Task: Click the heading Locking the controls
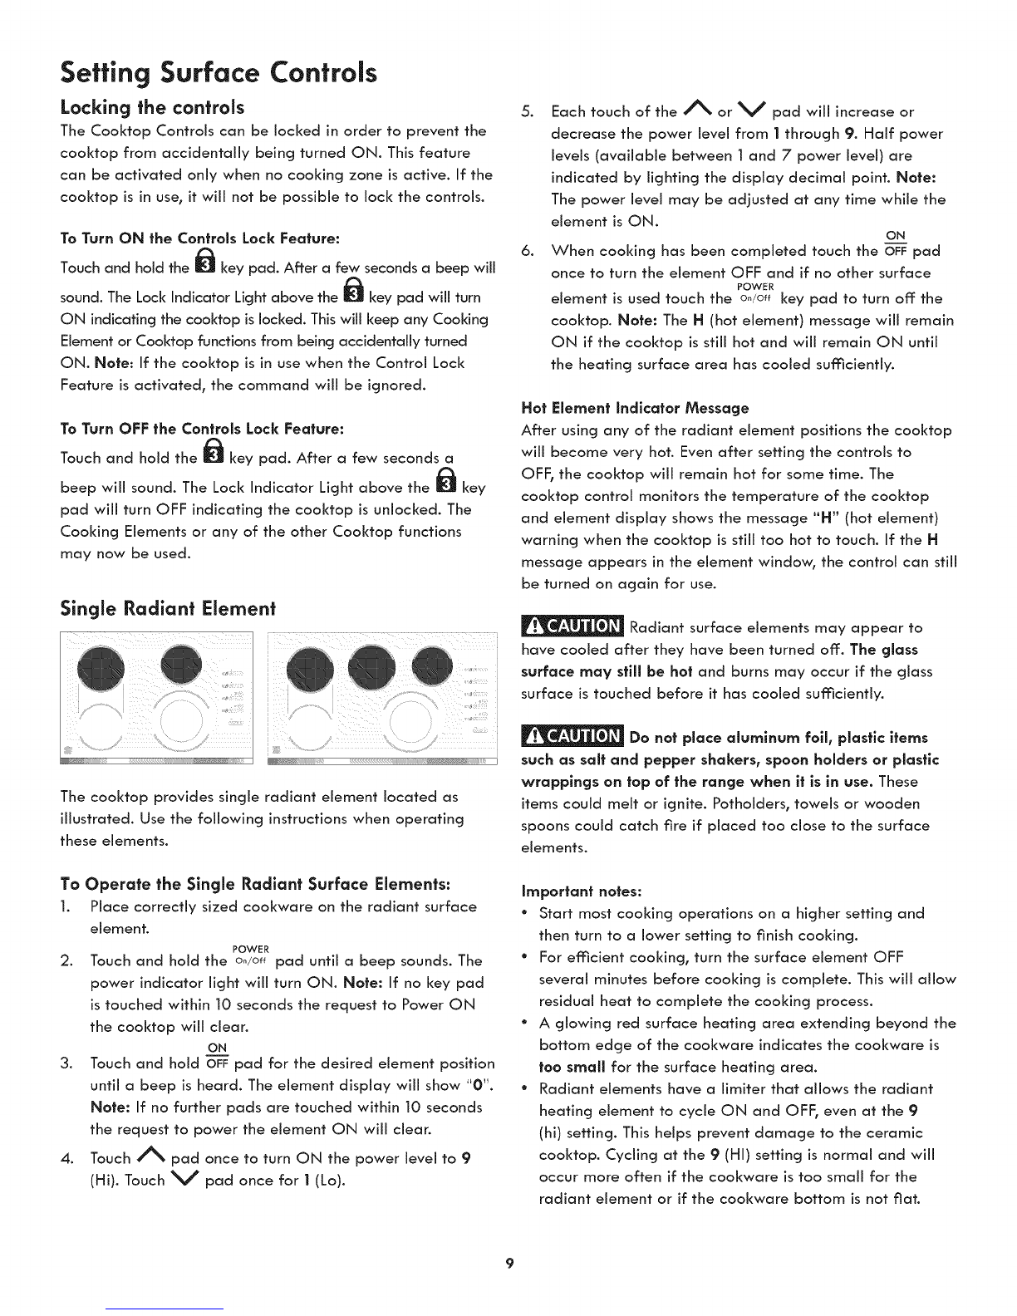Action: coord(152,107)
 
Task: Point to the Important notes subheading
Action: coord(581,891)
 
